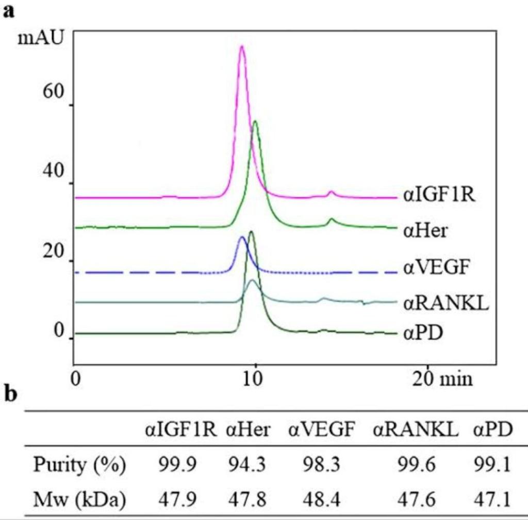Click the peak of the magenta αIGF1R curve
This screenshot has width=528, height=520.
[x=241, y=48]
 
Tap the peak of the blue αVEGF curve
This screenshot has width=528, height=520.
[x=241, y=238]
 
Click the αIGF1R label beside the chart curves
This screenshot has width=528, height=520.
[x=439, y=196]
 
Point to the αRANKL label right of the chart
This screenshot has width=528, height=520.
[x=445, y=303]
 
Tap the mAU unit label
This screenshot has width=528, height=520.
[x=40, y=37]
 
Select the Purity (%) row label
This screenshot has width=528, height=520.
[x=79, y=465]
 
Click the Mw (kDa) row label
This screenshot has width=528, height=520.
[x=79, y=499]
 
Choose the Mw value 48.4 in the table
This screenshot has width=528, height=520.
[x=322, y=499]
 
